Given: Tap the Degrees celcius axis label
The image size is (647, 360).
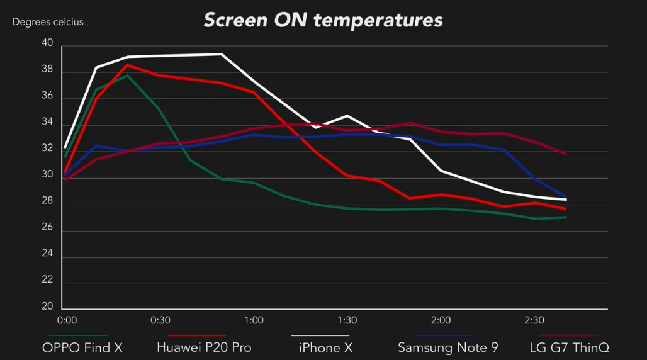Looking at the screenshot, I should click(48, 22).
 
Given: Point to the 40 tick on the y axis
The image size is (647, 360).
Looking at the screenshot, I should click(48, 43).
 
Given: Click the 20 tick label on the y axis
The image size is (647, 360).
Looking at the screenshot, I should click(48, 307).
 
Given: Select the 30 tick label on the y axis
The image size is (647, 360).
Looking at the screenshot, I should click(48, 174).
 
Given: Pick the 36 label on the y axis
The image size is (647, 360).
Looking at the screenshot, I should click(48, 96).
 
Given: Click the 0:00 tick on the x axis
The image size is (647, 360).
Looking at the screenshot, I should click(67, 320).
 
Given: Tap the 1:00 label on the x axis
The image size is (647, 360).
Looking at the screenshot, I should click(254, 320).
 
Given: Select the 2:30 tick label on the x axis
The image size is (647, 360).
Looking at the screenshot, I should click(534, 320).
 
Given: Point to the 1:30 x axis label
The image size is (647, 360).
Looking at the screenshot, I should click(347, 320).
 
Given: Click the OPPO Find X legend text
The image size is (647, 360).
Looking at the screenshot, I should click(82, 347).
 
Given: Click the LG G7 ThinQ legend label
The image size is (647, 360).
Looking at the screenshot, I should click(570, 347).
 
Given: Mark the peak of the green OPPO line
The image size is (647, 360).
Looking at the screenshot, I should click(128, 76).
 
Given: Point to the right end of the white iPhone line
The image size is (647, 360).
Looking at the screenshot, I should click(566, 200).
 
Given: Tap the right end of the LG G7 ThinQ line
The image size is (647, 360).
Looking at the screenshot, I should click(565, 153).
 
